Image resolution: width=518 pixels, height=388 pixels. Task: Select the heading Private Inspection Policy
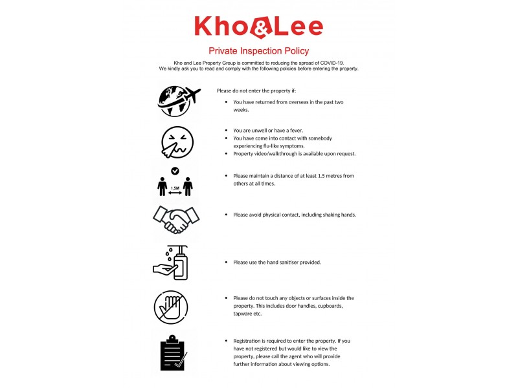[x=258, y=50]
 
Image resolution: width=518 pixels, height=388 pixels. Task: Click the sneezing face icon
[x=177, y=142]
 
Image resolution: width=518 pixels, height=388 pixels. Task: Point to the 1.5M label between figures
[x=175, y=189]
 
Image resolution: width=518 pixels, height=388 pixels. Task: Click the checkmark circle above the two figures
[x=175, y=171]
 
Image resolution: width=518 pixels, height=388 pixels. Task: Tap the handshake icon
[x=175, y=221]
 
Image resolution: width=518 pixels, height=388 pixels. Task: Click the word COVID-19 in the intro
[x=334, y=62]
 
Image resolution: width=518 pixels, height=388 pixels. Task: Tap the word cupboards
[x=329, y=305]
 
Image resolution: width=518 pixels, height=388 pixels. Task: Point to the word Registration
[x=249, y=340]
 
